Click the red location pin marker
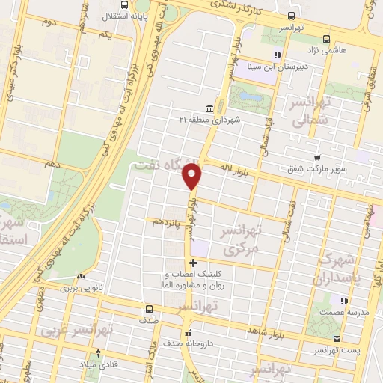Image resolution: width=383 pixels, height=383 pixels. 193,178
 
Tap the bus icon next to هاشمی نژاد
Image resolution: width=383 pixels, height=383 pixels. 325,39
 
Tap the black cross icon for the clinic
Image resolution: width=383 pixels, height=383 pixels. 194,263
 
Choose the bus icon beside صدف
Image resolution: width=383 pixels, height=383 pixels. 148,308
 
